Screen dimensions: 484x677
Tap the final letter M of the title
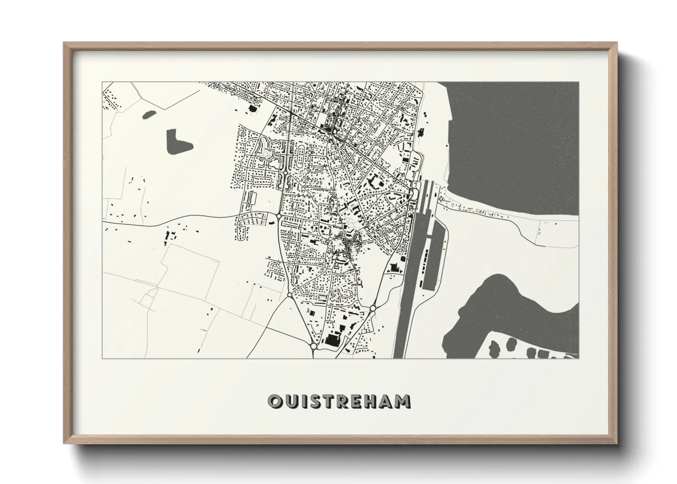click(x=403, y=402)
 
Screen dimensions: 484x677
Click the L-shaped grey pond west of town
click(x=178, y=142)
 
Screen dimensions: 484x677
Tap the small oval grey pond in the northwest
click(x=150, y=114)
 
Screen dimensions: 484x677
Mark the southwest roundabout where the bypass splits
click(x=290, y=297)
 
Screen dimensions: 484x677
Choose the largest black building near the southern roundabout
click(x=332, y=339)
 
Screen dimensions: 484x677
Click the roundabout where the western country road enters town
click(x=279, y=215)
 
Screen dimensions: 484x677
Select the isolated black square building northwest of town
click(x=251, y=109)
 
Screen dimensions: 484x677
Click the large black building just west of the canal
click(x=392, y=268)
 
